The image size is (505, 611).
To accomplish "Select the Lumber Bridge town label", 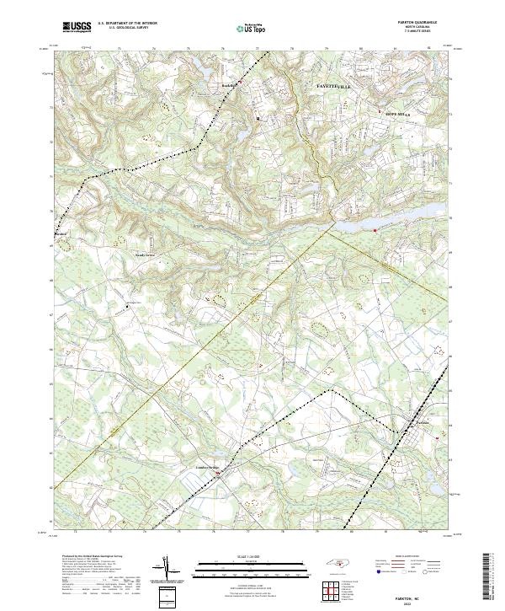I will [x=206, y=465].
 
